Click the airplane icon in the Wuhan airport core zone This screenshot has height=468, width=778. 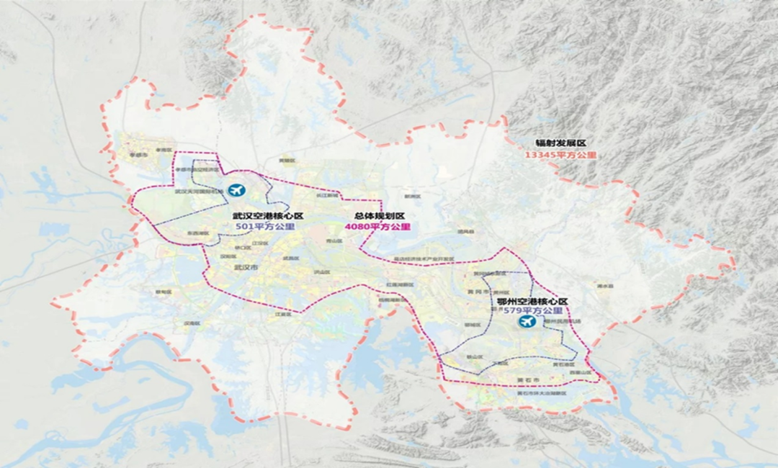[236, 191]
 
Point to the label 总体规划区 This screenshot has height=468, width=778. [380, 215]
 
